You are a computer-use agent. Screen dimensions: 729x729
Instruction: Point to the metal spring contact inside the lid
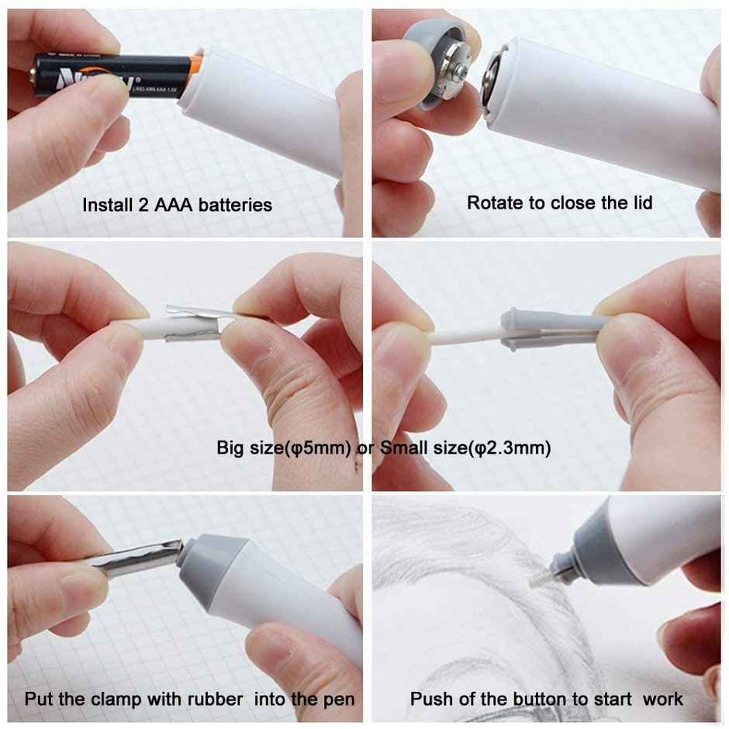click(458, 70)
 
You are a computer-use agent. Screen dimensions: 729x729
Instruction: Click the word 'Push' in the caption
click(430, 699)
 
